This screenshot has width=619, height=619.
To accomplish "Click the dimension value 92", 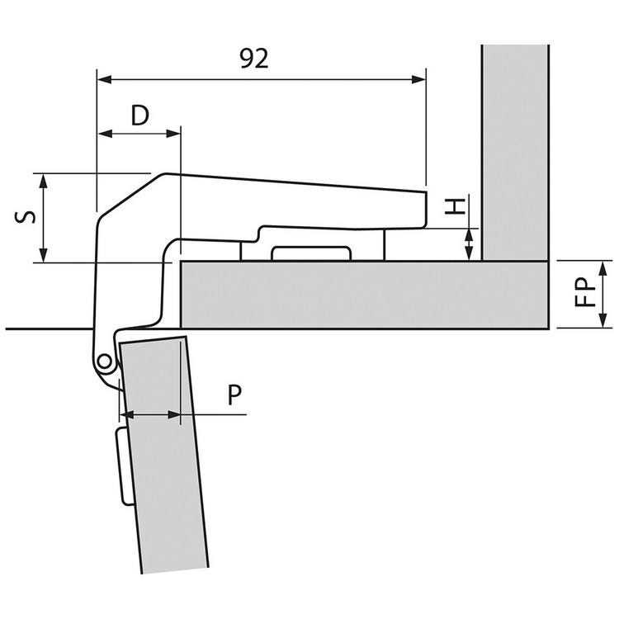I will [254, 59].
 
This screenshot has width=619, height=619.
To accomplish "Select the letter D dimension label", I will [140, 115].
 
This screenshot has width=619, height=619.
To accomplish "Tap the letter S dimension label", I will [26, 218].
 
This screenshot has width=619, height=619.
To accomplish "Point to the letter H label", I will [455, 207].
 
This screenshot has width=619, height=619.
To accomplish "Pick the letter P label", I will [235, 395].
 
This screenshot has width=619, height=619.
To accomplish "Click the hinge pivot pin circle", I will [103, 361].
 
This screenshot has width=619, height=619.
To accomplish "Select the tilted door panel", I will [165, 462].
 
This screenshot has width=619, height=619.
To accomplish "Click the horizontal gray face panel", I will [363, 295].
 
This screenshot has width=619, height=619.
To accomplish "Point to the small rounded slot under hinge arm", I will [309, 253].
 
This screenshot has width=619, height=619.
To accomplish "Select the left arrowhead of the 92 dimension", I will [104, 79].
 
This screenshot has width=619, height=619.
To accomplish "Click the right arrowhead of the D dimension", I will [172, 133].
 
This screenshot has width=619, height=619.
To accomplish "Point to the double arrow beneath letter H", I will [469, 245].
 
